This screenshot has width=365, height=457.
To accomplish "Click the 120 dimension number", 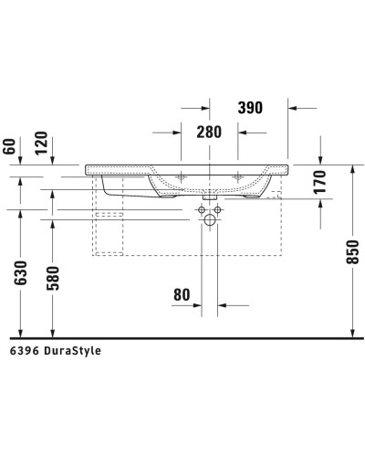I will click(41, 144).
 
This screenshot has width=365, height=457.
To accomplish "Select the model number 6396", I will click(25, 350).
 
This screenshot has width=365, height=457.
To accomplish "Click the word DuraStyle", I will click(72, 350).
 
